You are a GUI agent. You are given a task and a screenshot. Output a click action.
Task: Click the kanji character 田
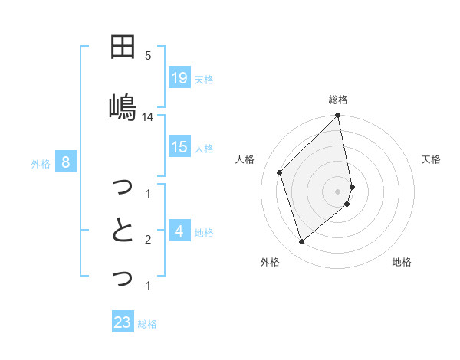coord(123,47)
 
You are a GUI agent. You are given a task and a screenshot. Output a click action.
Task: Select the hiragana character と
coord(123,230)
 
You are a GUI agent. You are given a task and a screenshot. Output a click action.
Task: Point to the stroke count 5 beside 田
coord(148,56)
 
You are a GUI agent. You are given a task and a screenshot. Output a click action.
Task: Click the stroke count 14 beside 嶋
coord(148,117)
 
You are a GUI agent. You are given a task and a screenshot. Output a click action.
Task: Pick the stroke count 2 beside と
coord(148,240)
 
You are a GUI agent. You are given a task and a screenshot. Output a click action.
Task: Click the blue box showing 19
coord(179,77)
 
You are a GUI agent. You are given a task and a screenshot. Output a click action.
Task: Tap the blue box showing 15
coord(179,147)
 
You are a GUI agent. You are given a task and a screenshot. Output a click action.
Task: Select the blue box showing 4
coord(179,231)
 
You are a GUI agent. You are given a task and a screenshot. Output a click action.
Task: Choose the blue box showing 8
coord(66,162)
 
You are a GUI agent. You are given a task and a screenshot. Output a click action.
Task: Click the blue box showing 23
coord(123,322)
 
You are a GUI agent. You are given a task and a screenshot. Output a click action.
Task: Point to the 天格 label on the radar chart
coord(431,159)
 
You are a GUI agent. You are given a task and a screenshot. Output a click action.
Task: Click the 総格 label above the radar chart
coord(338,100)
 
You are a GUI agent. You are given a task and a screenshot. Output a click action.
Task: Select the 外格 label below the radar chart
coord(269,262)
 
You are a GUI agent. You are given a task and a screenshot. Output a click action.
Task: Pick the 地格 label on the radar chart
coord(402,262)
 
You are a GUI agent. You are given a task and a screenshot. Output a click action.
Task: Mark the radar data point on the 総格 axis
coord(338,116)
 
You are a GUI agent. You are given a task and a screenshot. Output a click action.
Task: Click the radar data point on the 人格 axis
coord(280,172)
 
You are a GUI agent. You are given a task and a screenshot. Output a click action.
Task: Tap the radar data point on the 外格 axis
coord(301,242)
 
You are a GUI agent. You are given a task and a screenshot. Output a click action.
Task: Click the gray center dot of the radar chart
coord(338,191)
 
